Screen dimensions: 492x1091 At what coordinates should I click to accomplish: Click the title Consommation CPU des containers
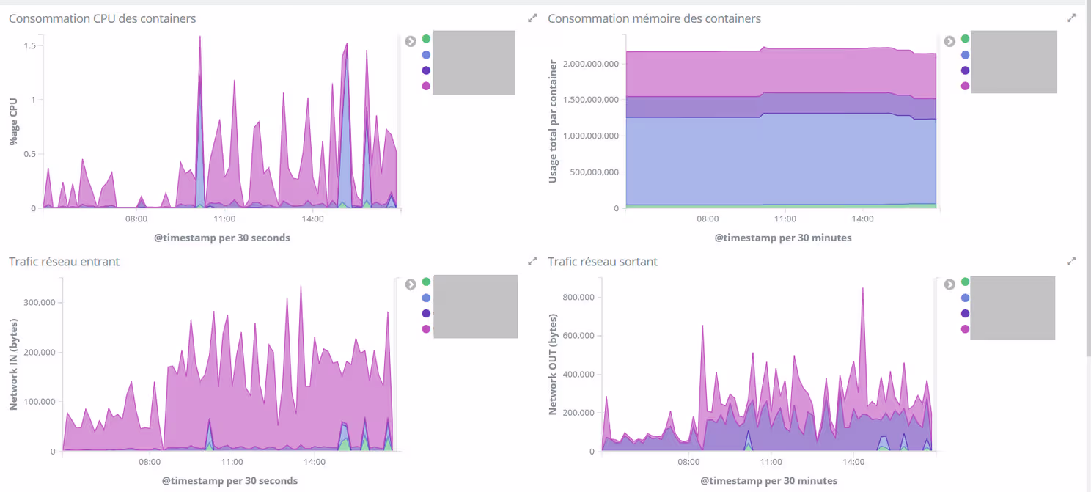pyautogui.click(x=102, y=18)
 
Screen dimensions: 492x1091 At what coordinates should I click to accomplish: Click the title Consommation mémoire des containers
pyautogui.click(x=654, y=18)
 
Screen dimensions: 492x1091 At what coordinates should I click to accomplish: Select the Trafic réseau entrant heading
pyautogui.click(x=64, y=262)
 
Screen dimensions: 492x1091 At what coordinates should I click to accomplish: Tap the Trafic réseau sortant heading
pyautogui.click(x=603, y=262)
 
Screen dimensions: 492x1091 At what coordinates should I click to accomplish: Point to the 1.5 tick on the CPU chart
pyautogui.click(x=30, y=45)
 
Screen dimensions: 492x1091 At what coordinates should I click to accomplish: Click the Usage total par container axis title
pyautogui.click(x=553, y=122)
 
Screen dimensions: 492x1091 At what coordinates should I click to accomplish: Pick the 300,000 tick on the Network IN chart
pyautogui.click(x=41, y=302)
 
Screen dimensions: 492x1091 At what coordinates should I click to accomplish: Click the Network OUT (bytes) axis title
pyautogui.click(x=553, y=364)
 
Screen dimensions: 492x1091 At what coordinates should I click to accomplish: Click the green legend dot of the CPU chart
pyautogui.click(x=426, y=39)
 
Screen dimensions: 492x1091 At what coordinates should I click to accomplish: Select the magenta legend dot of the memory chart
pyautogui.click(x=965, y=87)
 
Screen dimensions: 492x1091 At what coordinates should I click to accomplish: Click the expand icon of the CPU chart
pyautogui.click(x=532, y=18)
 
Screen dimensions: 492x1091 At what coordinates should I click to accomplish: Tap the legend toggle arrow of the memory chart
pyautogui.click(x=949, y=41)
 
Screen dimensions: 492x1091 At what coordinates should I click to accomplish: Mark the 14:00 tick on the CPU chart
pyautogui.click(x=312, y=219)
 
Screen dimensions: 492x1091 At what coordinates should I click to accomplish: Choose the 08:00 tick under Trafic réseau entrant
pyautogui.click(x=150, y=462)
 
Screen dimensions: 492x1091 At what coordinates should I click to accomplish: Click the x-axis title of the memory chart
pyautogui.click(x=783, y=238)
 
